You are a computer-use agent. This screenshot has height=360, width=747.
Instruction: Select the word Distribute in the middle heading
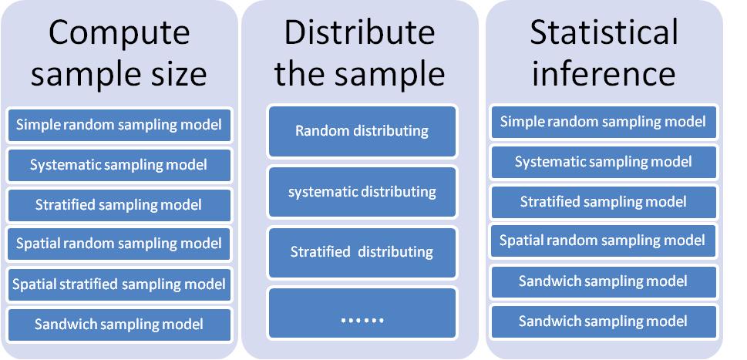[x=360, y=33]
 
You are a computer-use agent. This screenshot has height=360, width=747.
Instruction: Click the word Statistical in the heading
[x=604, y=32]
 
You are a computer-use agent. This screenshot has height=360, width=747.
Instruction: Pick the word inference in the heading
[x=603, y=74]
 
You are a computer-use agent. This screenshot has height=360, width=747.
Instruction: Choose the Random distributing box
[x=362, y=131]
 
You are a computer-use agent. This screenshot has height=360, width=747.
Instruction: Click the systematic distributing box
[x=362, y=192]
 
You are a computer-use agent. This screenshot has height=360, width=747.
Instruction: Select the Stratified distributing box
[x=362, y=252]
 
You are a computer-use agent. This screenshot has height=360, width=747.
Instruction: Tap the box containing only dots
[x=362, y=313]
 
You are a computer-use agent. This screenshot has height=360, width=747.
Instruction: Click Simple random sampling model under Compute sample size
[x=119, y=125]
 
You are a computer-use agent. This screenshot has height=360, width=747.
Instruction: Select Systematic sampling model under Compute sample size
[x=119, y=165]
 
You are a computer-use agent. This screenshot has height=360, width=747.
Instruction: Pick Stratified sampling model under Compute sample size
[x=119, y=205]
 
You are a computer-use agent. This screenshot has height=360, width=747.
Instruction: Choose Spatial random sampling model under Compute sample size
[x=119, y=244]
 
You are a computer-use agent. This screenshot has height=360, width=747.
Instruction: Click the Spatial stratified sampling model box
[x=119, y=284]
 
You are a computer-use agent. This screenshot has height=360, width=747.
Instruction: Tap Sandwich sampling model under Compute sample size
[x=119, y=325]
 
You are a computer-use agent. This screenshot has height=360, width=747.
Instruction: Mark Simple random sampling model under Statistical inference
[x=604, y=123]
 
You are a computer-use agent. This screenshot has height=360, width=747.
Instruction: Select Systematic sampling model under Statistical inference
[x=604, y=163]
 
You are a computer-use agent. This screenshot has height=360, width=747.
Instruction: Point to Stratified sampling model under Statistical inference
[x=604, y=203]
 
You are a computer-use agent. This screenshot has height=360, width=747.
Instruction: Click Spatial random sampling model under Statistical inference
[x=604, y=241]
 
